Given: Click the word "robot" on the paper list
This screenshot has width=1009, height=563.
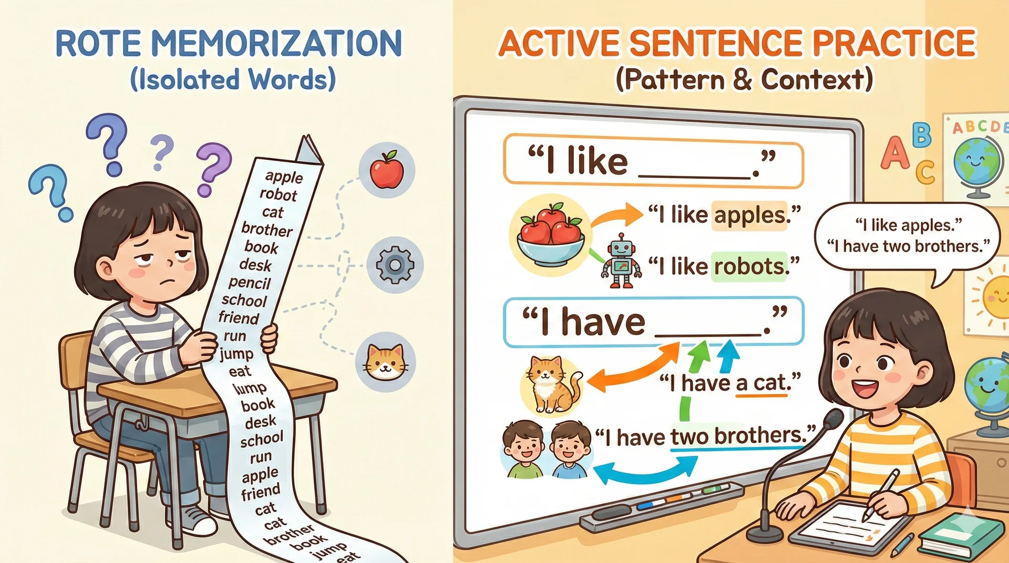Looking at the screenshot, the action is tap(278, 194).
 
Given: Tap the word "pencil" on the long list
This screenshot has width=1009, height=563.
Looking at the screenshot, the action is tap(249, 283).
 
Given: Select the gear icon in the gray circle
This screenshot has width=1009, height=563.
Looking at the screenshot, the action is tap(395, 265).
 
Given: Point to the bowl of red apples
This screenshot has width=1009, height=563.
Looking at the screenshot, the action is tap(550, 235).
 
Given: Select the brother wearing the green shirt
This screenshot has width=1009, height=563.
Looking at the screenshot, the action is tap(524, 449).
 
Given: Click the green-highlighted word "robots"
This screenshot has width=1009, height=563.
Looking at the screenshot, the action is tap(749, 266).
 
